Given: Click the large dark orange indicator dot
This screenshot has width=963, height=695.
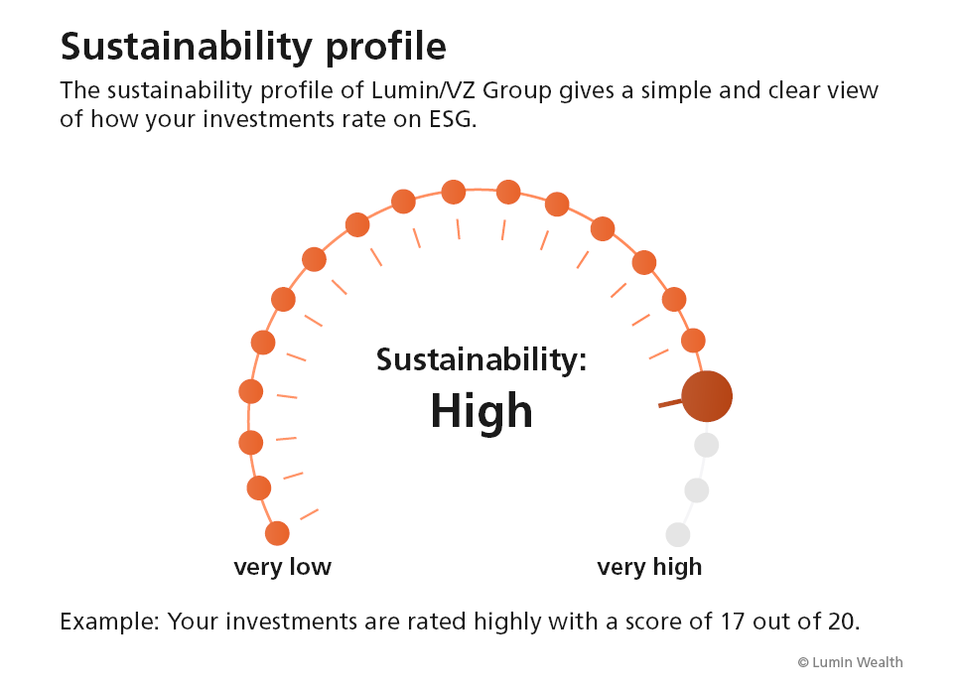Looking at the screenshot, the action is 707,396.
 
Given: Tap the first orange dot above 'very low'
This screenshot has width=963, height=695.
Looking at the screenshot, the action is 277,533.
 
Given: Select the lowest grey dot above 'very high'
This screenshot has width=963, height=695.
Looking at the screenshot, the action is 678,535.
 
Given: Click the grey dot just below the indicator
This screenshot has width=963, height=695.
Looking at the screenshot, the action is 706,445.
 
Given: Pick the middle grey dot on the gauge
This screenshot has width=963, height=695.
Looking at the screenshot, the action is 697,490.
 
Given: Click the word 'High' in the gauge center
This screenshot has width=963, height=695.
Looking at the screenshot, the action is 481,411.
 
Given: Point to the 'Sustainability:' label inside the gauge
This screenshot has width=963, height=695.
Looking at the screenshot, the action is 481,359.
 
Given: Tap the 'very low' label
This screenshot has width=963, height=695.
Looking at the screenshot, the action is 283,567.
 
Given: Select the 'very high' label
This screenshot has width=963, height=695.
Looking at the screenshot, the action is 649,567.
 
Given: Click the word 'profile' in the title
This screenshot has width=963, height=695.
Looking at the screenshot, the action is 385,48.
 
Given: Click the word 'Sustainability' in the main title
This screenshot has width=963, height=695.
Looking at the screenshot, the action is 187,47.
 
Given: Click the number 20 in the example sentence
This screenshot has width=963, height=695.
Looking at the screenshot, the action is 844,622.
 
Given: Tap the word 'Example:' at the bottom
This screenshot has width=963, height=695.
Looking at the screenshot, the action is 109,622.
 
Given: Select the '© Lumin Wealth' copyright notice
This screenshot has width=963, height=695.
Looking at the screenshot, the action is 850,662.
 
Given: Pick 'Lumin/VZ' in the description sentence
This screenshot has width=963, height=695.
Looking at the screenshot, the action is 424,90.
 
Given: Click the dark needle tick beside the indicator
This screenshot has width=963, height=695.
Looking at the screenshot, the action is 670,403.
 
